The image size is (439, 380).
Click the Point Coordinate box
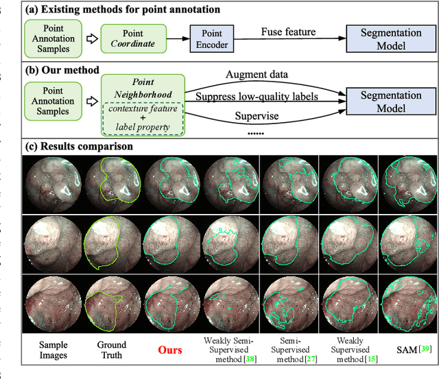pyautogui.click(x=133, y=38)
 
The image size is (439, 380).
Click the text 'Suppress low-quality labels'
pyautogui.click(x=257, y=97)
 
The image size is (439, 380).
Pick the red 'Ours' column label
pyautogui.click(x=170, y=350)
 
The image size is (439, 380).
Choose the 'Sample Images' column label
pyautogui.click(x=54, y=350)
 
